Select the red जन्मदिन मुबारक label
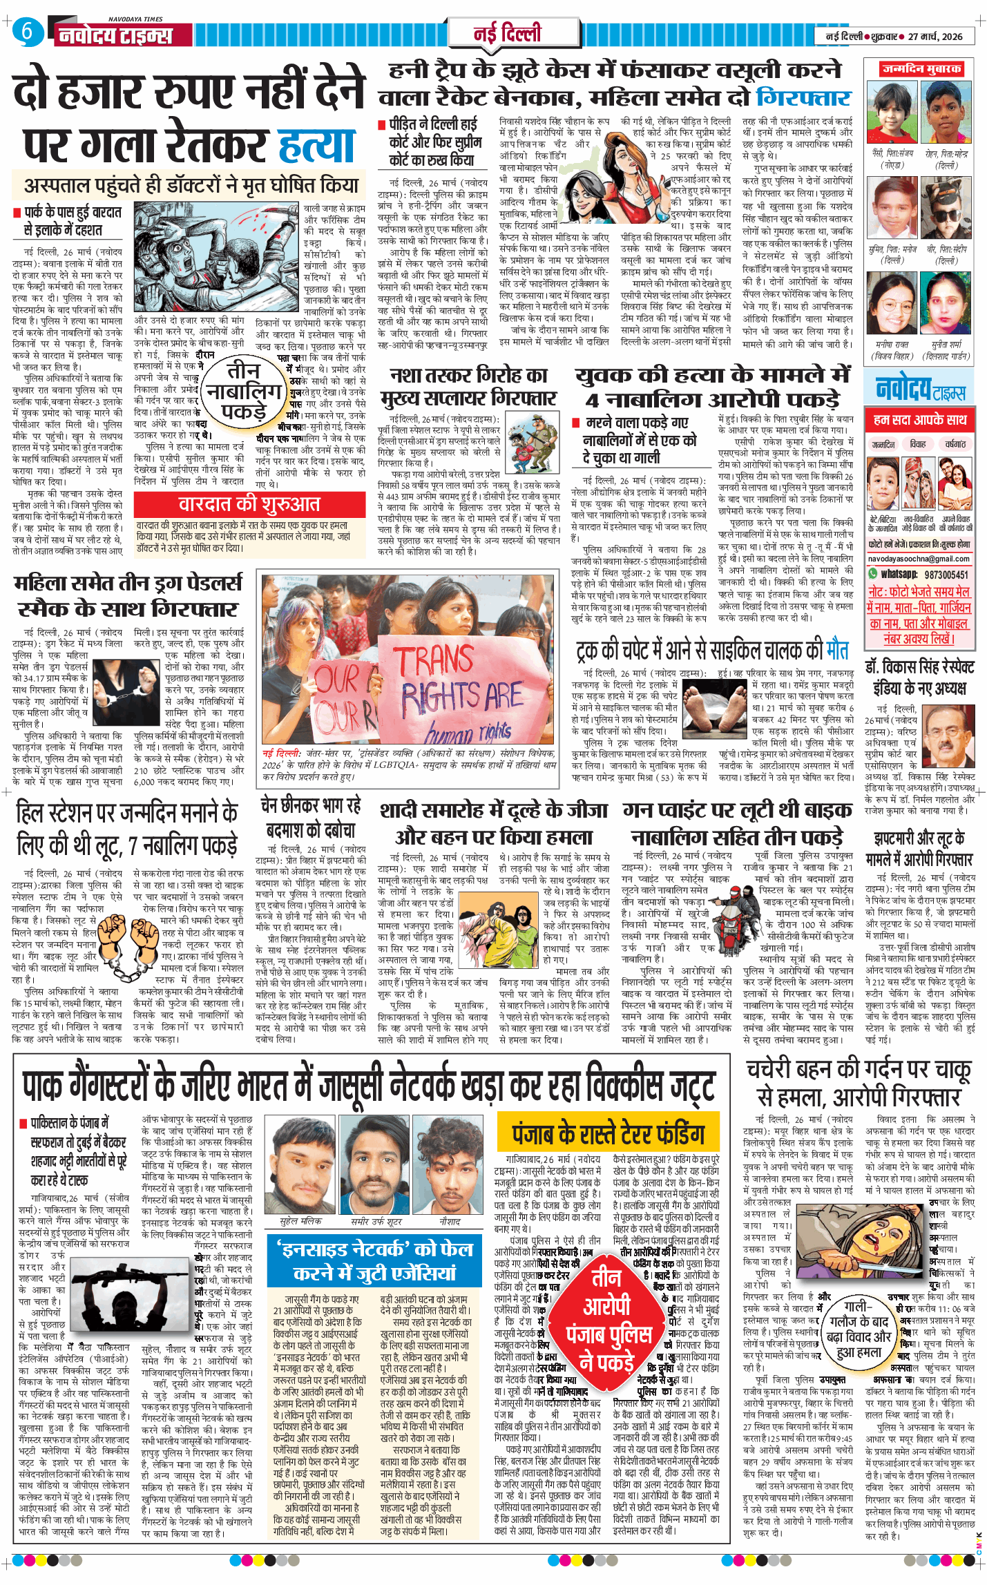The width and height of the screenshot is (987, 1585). click(921, 69)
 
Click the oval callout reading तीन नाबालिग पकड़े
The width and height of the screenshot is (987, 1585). click(244, 391)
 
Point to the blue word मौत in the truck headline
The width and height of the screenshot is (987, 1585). click(836, 650)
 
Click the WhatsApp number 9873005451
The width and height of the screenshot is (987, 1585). click(946, 574)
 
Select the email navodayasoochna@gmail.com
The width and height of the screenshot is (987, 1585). click(919, 559)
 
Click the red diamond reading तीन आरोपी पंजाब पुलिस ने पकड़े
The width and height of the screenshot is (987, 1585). click(608, 1320)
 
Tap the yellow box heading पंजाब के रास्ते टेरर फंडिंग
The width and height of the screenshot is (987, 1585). click(608, 1134)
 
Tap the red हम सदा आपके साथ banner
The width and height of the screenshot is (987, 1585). click(919, 419)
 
